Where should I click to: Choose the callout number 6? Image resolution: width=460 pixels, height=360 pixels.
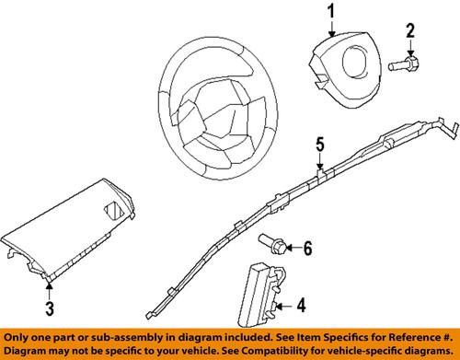(308, 248)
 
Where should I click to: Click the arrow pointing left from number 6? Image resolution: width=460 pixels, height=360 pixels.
(293, 248)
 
